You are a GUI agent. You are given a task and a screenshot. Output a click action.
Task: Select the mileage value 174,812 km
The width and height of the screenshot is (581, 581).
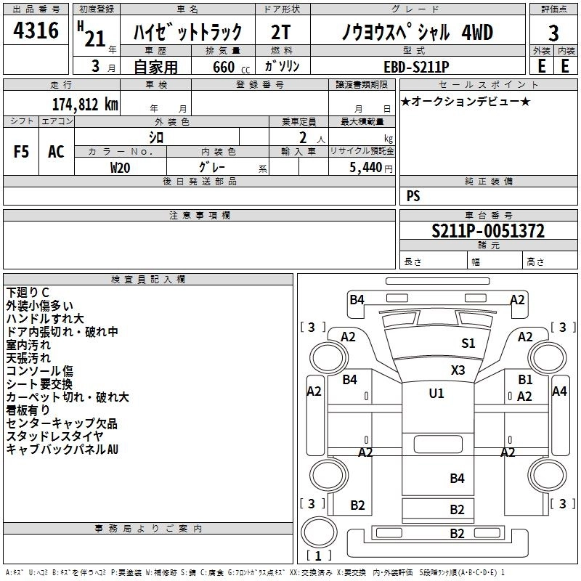click(85, 104)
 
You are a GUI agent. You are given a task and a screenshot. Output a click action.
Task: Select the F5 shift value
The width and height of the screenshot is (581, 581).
click(22, 152)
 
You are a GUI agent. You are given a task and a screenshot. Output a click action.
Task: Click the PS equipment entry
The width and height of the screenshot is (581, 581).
click(413, 196)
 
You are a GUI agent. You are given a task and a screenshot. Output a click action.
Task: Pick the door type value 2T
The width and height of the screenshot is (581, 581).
click(281, 33)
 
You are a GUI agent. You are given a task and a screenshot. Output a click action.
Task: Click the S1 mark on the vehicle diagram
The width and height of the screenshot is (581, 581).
click(468, 344)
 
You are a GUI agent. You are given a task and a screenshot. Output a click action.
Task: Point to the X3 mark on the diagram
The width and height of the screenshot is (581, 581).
click(458, 370)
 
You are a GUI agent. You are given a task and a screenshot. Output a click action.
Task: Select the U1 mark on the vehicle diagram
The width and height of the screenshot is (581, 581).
click(436, 394)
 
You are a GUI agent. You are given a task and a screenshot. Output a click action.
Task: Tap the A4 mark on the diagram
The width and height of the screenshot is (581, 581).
click(559, 391)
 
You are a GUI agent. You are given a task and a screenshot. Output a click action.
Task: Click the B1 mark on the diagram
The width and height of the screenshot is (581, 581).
click(525, 379)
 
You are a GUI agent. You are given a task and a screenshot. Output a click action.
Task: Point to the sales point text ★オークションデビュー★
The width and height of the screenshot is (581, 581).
click(466, 101)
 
